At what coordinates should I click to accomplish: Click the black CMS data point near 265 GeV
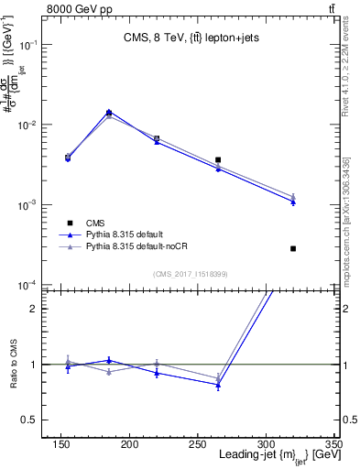[218, 159]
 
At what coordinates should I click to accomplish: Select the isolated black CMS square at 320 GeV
[293, 248]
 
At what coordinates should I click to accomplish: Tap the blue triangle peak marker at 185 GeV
[109, 113]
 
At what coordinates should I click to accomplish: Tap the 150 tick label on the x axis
[61, 445]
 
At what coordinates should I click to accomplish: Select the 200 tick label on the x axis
[129, 445]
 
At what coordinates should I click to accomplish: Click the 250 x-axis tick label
[197, 445]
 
